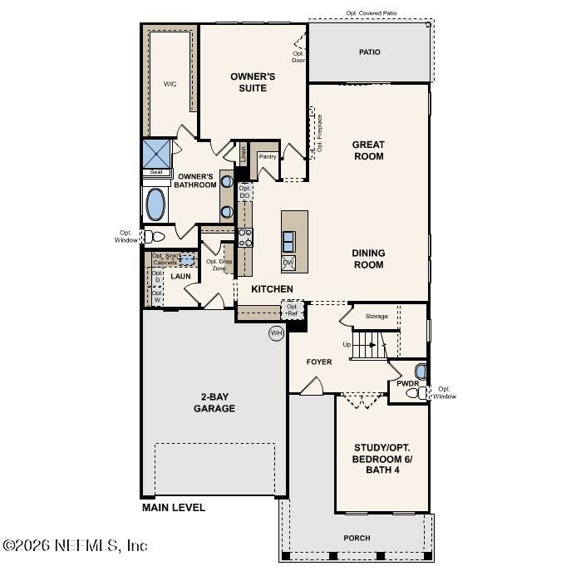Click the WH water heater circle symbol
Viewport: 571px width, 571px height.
click(276, 333)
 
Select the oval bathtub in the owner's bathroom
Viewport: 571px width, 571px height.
click(155, 203)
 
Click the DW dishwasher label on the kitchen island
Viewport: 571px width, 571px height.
click(288, 263)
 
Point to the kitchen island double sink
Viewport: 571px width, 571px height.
click(288, 241)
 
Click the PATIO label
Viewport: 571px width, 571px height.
click(370, 52)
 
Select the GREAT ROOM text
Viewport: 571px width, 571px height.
click(368, 150)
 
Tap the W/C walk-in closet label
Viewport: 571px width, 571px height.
click(170, 84)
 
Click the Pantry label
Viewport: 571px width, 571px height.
click(268, 156)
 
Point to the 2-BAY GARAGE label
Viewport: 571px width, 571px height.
click(214, 402)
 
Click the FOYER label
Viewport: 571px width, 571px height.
click(319, 362)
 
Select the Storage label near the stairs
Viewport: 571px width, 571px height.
click(377, 317)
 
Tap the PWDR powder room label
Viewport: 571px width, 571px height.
click(407, 384)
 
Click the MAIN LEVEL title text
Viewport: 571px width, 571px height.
click(174, 507)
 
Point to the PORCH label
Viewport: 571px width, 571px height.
click(357, 538)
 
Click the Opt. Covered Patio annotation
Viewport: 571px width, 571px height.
click(371, 13)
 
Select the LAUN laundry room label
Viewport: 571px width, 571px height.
click(180, 276)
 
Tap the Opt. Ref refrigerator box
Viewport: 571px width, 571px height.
click(293, 310)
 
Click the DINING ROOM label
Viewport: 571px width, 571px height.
click(368, 259)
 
